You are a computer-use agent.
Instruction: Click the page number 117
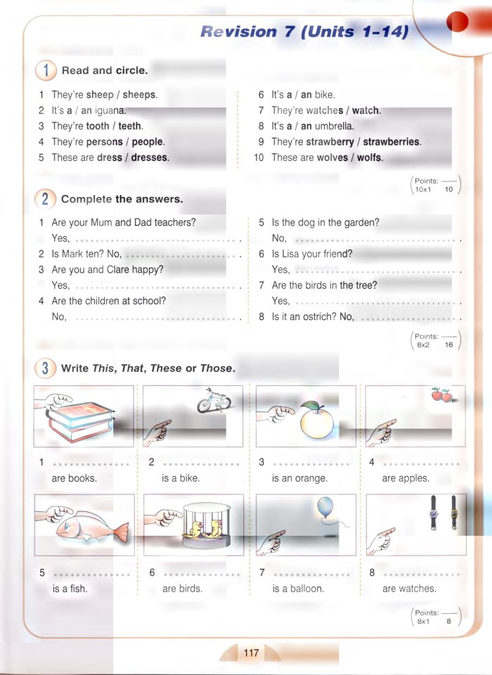tap(251, 653)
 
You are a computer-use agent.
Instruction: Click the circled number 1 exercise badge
tap(45, 70)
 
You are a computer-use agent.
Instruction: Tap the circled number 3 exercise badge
tap(45, 368)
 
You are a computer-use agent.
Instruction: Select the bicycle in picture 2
tap(214, 400)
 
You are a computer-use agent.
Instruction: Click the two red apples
tap(441, 395)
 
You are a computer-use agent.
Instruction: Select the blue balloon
tap(325, 508)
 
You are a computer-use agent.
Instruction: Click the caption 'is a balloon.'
tap(298, 589)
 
